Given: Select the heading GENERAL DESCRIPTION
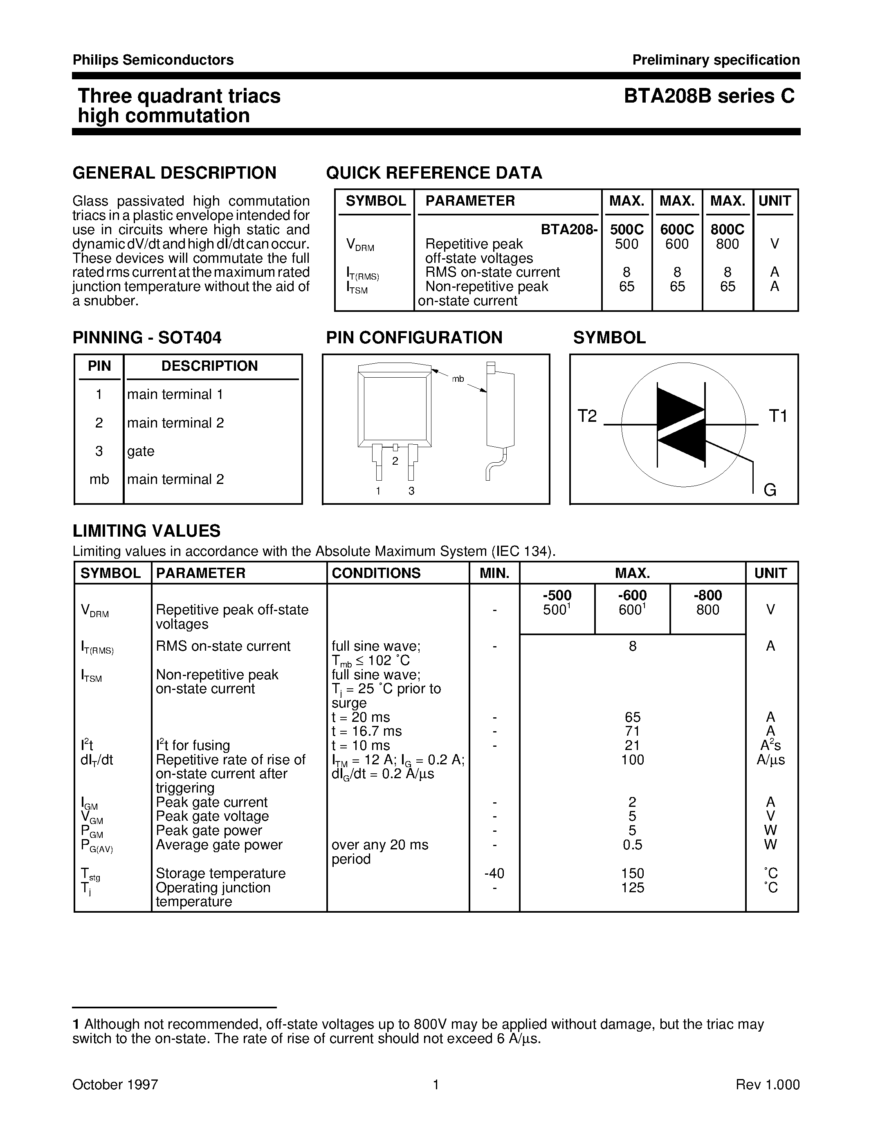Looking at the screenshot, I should click(175, 172).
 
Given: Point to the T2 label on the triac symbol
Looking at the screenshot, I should click(587, 416).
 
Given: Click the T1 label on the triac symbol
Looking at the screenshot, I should click(777, 416).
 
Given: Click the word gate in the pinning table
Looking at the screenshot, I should click(141, 451).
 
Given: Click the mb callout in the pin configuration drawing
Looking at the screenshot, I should click(458, 379).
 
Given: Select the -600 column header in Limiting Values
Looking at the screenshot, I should click(632, 596).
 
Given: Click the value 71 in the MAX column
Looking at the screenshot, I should click(632, 731).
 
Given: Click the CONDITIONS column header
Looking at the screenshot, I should click(376, 573).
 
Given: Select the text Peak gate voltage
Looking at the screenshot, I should click(212, 816).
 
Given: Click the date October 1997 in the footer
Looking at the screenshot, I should click(115, 1085).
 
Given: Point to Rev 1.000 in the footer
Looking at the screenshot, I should click(767, 1085).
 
